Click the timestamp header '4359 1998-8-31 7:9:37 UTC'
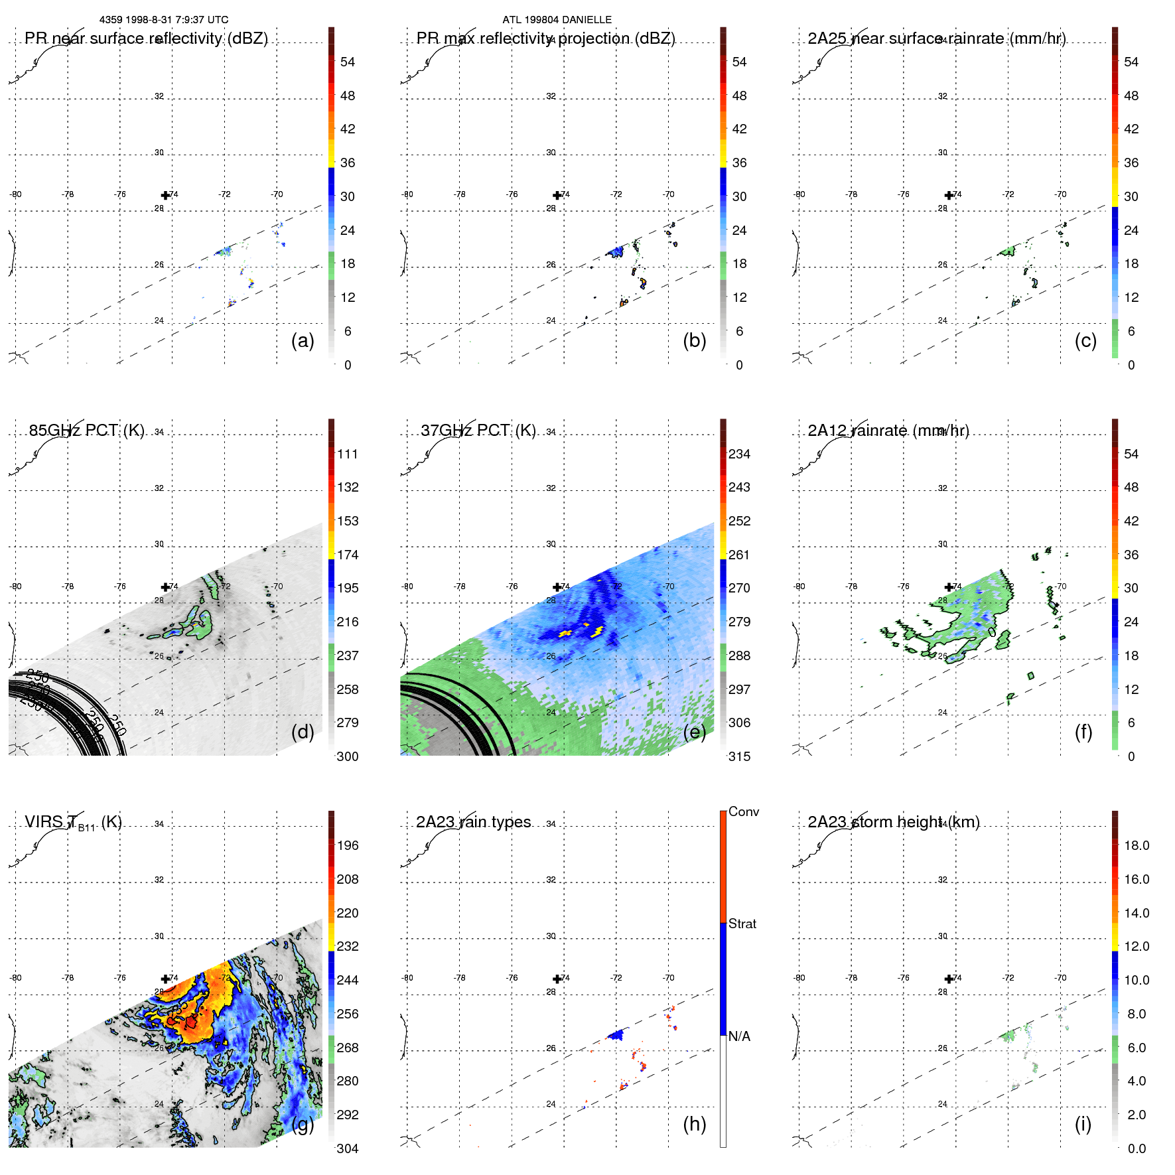tap(164, 20)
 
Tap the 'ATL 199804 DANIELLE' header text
tap(557, 20)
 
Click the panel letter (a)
tap(303, 340)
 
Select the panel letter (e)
tap(694, 732)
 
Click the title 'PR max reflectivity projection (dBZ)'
tap(545, 38)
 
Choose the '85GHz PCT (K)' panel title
tap(86, 431)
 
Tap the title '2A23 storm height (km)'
tap(893, 822)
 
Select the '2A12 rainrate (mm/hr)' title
tap(888, 431)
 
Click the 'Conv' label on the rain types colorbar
tap(743, 811)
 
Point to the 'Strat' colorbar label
tap(742, 924)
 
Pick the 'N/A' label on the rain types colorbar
tap(739, 1036)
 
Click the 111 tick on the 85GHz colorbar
tap(348, 454)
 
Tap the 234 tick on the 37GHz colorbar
tap(739, 454)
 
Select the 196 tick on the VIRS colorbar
tap(348, 846)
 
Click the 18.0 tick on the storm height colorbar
tap(1137, 846)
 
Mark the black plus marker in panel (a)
tap(165, 195)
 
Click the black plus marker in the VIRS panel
tap(165, 979)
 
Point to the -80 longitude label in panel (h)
tap(407, 978)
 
